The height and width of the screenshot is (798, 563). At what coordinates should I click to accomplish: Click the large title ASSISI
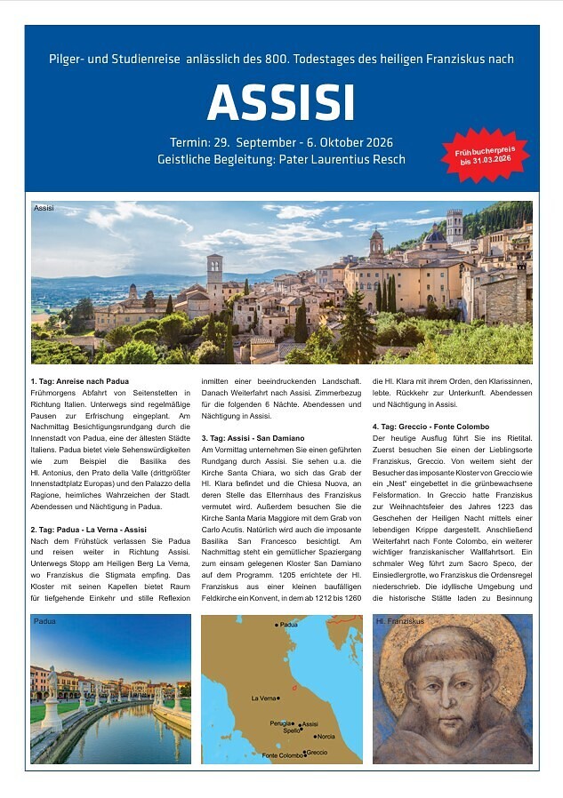pos(281,103)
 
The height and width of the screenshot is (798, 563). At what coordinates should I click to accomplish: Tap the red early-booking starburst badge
pos(485,156)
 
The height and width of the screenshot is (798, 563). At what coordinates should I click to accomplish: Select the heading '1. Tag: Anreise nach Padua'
pos(79,381)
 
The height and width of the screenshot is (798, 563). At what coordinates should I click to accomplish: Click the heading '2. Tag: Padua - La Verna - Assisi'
pos(88,530)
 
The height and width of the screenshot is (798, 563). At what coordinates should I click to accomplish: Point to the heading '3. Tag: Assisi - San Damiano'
pos(253,438)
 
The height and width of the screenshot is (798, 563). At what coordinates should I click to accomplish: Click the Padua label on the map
pos(287,625)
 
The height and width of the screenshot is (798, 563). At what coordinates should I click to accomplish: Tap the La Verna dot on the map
pos(278,698)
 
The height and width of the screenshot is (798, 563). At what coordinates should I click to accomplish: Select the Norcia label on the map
pos(326,736)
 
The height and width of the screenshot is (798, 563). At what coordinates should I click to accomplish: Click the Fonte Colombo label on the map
pos(280,755)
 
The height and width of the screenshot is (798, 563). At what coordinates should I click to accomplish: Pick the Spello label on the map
pos(286,730)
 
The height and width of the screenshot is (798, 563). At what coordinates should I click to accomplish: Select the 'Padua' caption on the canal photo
pos(44,621)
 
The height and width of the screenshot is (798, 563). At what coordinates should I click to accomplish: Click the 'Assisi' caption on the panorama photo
pos(44,208)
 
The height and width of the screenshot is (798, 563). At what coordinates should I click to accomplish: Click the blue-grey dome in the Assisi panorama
pos(435,239)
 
